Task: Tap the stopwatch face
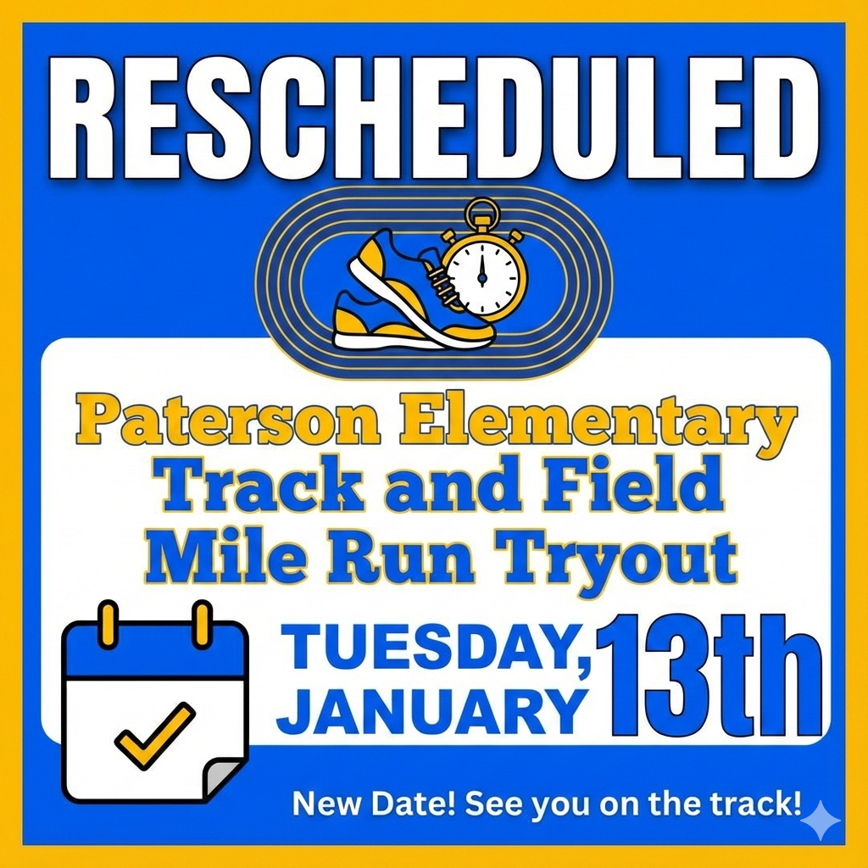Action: click(481, 271)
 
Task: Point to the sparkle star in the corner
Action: click(821, 821)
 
